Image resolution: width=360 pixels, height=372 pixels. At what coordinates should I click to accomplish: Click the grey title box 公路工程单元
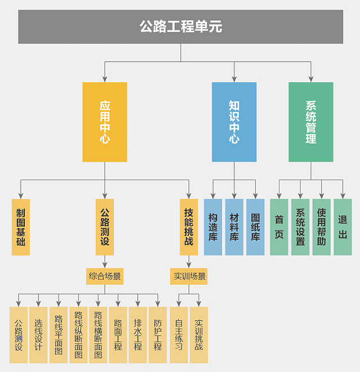pos(180,26)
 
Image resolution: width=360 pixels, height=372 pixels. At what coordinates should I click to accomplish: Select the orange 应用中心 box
pos(105,122)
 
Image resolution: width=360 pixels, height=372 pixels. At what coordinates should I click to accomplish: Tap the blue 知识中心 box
pos(234,122)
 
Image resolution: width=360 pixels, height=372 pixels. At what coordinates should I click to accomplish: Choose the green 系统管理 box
pos(310,122)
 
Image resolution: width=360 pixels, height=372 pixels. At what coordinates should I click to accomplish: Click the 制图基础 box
pos(21,227)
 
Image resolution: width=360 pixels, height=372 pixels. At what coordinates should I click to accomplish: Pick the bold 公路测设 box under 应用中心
pos(105,227)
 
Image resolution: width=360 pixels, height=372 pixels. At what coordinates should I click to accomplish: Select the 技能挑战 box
pos(189,227)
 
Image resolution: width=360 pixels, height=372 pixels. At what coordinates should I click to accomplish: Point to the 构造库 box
pos(213,227)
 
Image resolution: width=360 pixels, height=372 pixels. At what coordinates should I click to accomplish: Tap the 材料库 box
pos(234,227)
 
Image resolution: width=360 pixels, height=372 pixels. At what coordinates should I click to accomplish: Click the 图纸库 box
pos(255,227)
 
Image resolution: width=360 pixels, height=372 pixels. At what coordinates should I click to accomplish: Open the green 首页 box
pos(279,227)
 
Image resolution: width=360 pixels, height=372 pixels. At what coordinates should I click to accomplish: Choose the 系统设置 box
pos(300,227)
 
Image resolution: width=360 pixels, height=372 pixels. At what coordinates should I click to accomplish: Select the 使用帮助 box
pos(321,227)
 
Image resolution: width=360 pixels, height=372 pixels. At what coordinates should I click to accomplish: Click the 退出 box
pos(343,227)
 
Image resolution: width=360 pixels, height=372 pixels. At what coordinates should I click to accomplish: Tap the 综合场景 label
pos(105,276)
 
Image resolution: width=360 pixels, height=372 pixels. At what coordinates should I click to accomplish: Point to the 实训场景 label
pos(189,276)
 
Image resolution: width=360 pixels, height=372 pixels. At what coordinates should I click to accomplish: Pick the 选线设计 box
pos(38,335)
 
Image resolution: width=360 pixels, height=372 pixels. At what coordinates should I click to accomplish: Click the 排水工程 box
pos(137,335)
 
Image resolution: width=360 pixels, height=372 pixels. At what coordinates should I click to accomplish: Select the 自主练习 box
pos(179,335)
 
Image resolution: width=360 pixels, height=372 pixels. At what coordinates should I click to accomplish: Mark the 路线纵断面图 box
pos(78,335)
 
